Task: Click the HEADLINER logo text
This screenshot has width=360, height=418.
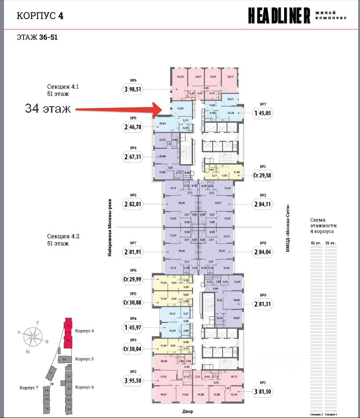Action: pyautogui.click(x=279, y=16)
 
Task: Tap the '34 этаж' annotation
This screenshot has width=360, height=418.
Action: pyautogui.click(x=47, y=108)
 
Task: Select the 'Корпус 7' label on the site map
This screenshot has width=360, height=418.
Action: pyautogui.click(x=29, y=388)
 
